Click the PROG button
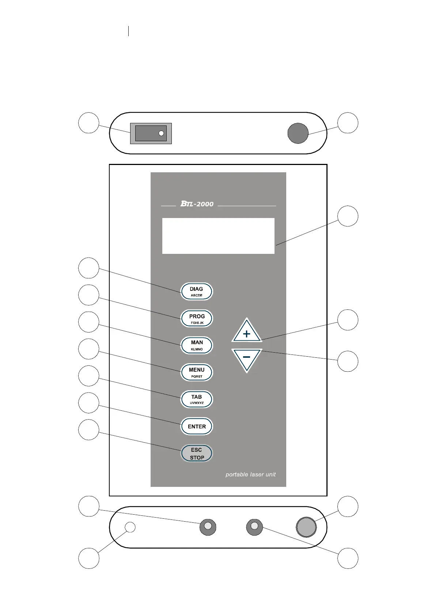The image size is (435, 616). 197,319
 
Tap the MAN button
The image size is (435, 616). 197,345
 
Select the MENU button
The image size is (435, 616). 197,372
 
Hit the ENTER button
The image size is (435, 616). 197,426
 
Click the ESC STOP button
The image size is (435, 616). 197,453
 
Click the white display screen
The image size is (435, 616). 218,236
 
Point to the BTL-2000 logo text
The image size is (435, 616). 197,204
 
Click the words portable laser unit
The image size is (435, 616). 250,474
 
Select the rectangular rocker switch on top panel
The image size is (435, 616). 151,134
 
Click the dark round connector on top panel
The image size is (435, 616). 298,133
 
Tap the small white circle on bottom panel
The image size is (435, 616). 130,527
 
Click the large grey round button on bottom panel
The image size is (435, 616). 306,527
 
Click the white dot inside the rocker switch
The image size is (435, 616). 161,134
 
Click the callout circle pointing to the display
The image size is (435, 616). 348,216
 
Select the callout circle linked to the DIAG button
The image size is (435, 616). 89,268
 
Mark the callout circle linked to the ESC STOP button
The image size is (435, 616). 89,430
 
